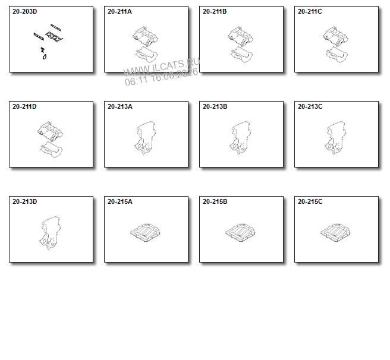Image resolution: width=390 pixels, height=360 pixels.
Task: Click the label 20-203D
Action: [x=24, y=11]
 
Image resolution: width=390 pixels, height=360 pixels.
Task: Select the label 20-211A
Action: [x=119, y=11]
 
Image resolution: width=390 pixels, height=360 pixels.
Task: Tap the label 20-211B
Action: [x=215, y=11]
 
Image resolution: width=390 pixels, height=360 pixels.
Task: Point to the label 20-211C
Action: [x=310, y=11]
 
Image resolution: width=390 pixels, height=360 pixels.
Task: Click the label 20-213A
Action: [x=120, y=106]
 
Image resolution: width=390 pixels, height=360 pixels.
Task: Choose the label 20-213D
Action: [x=24, y=201]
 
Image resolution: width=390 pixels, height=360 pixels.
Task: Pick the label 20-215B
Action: [x=215, y=201]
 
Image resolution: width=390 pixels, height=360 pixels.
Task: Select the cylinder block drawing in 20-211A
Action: [x=145, y=44]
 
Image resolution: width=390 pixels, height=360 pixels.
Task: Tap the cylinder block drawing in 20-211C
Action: [x=335, y=44]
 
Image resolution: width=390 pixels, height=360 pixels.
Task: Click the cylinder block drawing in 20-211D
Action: [x=51, y=139]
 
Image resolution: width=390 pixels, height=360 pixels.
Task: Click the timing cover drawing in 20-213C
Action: [x=336, y=138]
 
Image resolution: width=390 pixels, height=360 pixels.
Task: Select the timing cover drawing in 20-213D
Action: [x=51, y=233]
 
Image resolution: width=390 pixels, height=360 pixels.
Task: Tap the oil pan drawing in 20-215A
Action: [x=145, y=233]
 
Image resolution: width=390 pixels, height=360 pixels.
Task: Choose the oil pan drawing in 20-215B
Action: [x=240, y=233]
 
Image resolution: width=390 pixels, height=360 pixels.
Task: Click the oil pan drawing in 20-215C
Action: [x=335, y=233]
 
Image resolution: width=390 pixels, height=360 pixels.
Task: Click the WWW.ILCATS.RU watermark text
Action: [x=162, y=67]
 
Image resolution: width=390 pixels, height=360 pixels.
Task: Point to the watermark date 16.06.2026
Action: [x=174, y=76]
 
